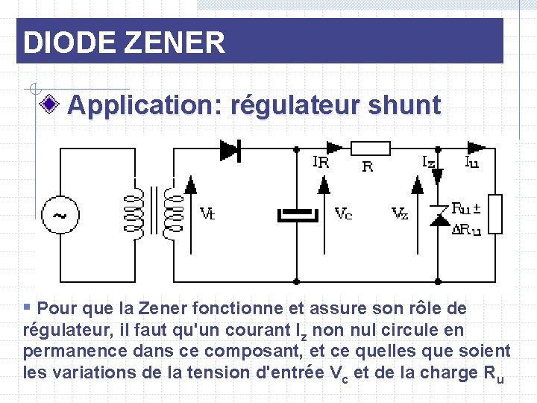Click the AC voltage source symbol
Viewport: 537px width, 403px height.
(x=57, y=215)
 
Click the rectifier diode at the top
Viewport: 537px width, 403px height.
(x=230, y=150)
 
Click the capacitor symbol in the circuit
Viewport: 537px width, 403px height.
(x=297, y=215)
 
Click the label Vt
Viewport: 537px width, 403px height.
(x=208, y=214)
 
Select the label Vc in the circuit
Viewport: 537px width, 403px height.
(x=343, y=214)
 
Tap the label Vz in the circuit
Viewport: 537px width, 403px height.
(x=400, y=214)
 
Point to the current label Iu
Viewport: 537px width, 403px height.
(x=472, y=161)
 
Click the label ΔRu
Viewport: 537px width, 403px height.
(x=466, y=230)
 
